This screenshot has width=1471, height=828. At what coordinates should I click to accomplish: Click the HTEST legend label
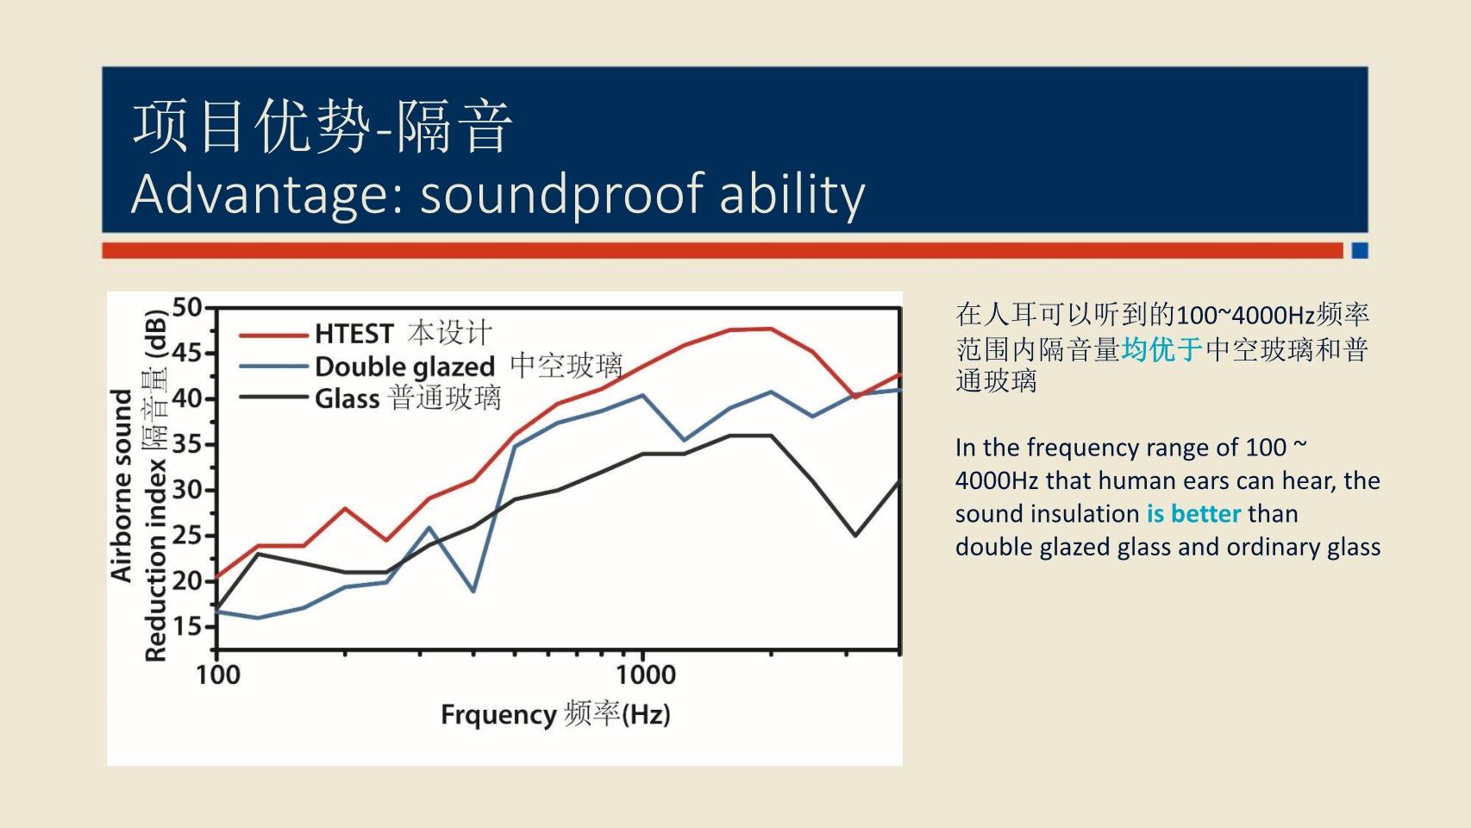[x=354, y=334]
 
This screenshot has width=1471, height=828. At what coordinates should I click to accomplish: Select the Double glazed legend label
[x=404, y=367]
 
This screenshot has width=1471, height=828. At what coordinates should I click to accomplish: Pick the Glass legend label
[x=347, y=398]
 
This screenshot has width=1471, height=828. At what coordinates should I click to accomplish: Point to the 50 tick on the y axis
[x=186, y=307]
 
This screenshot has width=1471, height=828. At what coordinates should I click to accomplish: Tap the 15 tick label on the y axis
[x=186, y=626]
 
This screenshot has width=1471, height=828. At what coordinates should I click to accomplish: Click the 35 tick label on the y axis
[x=186, y=444]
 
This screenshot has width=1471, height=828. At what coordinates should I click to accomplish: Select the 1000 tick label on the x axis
[x=646, y=674]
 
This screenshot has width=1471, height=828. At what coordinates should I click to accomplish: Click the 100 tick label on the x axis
[x=218, y=674]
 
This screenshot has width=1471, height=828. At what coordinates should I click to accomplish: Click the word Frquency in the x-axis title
[x=499, y=715]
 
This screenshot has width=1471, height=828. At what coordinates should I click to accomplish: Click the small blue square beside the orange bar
[x=1360, y=250]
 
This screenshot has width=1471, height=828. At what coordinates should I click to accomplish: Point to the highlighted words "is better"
[x=1194, y=514]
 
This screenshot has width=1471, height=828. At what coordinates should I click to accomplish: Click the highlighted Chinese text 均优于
[x=1162, y=349]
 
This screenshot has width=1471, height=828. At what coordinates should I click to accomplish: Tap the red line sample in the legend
[x=273, y=336]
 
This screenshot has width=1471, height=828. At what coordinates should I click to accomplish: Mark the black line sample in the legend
[x=273, y=398]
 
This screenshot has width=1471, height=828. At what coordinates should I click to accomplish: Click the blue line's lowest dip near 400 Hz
[x=473, y=591]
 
